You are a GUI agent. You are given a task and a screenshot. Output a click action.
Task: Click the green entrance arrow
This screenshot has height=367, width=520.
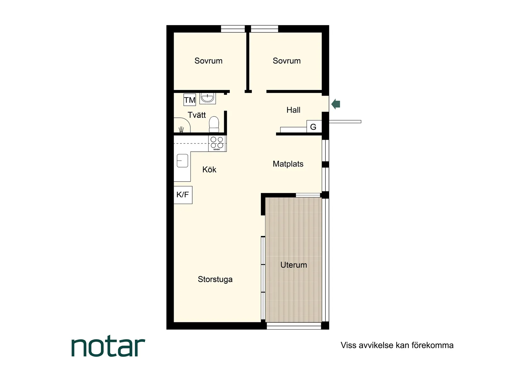click(x=336, y=104)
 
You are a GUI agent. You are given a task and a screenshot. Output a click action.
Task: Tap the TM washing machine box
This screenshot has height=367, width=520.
click(x=190, y=100)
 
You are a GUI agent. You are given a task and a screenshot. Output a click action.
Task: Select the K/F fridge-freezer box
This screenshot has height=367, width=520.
click(x=183, y=195)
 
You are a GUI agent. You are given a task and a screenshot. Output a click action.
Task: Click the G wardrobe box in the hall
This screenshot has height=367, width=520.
click(x=314, y=127)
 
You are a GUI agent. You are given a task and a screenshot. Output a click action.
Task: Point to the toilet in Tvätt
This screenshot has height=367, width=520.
click(x=214, y=125)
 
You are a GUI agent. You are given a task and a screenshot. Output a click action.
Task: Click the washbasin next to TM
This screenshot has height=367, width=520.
click(x=207, y=98)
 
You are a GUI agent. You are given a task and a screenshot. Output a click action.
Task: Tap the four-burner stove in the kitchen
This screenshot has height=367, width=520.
click(x=217, y=143)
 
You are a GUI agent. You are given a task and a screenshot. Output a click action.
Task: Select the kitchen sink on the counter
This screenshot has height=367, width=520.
click(x=182, y=161)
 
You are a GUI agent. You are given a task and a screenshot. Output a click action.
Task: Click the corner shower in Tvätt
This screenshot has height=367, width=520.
click(x=182, y=126)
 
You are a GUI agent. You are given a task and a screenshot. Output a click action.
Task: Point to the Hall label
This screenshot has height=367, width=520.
click(x=293, y=110)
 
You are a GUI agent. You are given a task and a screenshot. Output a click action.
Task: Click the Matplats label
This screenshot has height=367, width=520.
click(x=288, y=164)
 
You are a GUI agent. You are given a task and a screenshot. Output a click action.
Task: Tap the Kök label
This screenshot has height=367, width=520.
click(x=209, y=170)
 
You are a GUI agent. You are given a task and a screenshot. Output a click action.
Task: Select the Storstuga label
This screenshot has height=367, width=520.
click(x=215, y=279)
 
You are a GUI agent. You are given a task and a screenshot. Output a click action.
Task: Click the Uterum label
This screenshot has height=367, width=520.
click(x=294, y=265)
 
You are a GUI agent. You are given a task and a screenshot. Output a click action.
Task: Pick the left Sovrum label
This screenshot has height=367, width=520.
click(x=208, y=61)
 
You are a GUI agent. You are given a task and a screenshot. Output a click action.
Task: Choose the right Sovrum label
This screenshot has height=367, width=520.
click(x=286, y=61)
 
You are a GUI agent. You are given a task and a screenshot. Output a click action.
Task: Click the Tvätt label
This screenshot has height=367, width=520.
click(x=197, y=115)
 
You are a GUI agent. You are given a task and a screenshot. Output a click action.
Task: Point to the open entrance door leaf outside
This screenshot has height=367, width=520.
click(x=345, y=121)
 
